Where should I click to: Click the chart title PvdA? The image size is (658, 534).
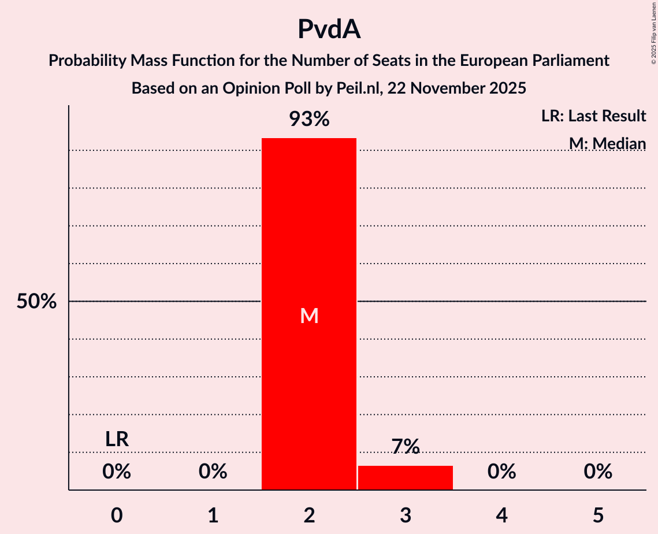329,29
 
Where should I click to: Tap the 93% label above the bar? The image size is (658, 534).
309,120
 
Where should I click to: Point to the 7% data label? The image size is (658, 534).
405,446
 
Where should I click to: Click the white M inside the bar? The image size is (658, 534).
309,316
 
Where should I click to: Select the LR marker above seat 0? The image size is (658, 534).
117,439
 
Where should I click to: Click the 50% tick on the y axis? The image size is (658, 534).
36,301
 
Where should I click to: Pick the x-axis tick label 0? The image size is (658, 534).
117,516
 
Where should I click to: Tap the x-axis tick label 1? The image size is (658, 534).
213,516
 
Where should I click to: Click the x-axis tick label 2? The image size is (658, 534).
309,516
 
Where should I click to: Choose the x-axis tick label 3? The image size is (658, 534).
405,516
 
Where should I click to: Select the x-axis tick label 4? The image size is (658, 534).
501,516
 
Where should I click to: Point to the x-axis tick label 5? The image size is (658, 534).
597,516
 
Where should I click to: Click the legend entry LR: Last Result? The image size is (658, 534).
593,116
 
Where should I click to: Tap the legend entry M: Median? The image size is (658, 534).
607,143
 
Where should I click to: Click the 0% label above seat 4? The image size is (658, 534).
501,472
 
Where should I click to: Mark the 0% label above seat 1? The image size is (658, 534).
213,472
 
